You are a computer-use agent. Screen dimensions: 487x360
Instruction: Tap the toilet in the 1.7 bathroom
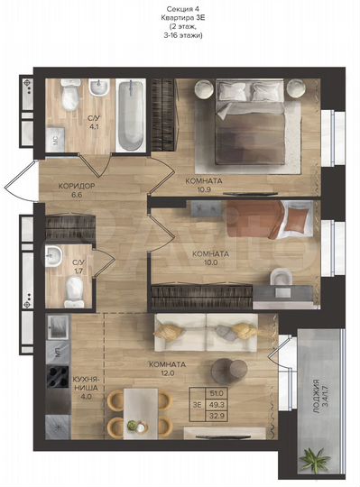(x=76, y=286)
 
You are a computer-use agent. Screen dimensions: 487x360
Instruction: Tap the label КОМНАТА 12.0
(x=169, y=367)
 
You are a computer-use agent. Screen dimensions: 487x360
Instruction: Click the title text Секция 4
(x=180, y=7)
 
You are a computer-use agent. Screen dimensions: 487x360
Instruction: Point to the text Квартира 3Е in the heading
(x=180, y=17)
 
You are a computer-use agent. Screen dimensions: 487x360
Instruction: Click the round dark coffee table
(x=229, y=370)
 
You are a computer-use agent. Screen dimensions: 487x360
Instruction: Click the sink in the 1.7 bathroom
(x=56, y=255)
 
